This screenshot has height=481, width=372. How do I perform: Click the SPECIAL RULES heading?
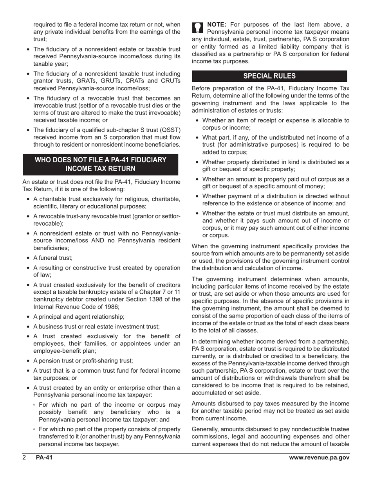(x=269, y=76)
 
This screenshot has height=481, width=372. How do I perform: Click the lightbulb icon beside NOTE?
(x=198, y=28)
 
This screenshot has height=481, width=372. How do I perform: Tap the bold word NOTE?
(x=217, y=25)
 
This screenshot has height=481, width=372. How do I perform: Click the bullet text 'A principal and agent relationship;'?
(x=79, y=317)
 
